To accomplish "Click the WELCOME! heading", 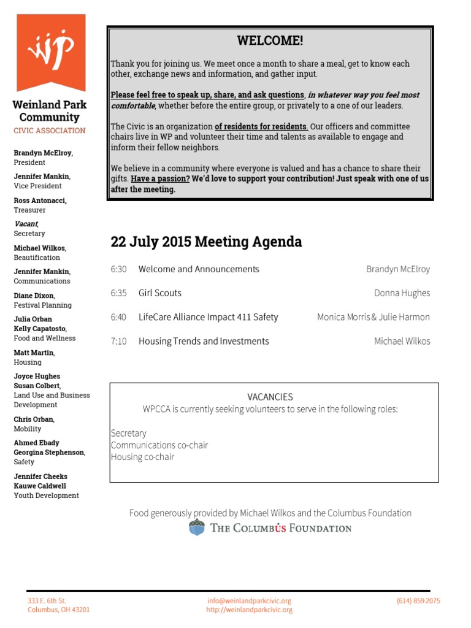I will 270,41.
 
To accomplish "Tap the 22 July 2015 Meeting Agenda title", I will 206,242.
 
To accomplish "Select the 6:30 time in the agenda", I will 118,269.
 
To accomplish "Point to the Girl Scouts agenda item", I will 160,293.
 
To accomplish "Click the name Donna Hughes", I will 402,293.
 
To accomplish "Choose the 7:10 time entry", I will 118,342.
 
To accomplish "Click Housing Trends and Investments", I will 204,342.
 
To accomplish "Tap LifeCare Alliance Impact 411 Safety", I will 209,317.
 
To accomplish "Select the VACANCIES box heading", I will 270,397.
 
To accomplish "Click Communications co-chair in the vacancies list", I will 159,445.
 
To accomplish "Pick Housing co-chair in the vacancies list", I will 142,457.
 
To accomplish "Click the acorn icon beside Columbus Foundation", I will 197,527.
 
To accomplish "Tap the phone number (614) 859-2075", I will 418,601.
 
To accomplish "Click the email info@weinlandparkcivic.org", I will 249,601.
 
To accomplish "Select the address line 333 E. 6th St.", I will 47,601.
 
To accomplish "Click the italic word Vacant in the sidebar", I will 26,224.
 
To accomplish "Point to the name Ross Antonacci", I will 40,201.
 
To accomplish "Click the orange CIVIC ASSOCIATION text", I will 50,131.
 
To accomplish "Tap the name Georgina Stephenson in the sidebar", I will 49,453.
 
